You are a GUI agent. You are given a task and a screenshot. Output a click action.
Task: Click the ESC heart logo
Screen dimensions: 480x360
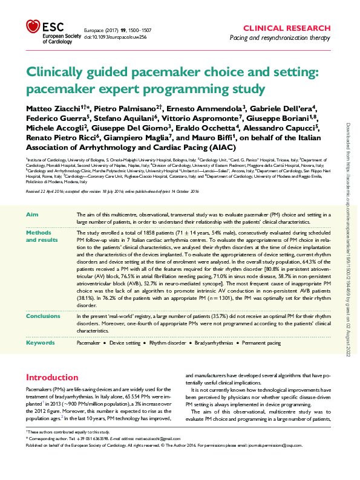32,26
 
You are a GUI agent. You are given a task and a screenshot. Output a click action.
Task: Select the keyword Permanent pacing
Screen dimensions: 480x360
261,343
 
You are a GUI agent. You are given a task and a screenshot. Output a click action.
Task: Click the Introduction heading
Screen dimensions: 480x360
53,377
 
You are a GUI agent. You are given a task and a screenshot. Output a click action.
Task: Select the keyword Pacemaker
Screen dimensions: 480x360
88,343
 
